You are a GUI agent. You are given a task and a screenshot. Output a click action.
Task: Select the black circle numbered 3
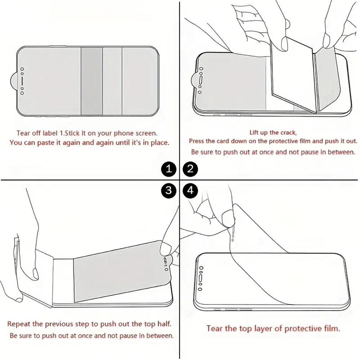[169, 190]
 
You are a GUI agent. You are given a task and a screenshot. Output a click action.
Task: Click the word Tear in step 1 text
[22, 133]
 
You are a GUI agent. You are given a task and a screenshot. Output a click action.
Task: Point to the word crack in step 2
[289, 132]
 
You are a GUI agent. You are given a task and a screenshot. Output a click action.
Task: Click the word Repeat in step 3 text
[19, 324]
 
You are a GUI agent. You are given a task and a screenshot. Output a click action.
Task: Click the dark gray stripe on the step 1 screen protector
[91, 81]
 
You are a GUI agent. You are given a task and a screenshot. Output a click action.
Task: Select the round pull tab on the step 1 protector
[14, 81]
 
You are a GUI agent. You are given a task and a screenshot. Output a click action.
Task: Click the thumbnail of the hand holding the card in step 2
[284, 44]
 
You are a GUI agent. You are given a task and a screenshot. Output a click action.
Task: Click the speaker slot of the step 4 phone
[201, 278]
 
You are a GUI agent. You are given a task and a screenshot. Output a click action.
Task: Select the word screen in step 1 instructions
[146, 133]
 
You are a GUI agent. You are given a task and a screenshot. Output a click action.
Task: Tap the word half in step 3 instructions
[165, 324]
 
